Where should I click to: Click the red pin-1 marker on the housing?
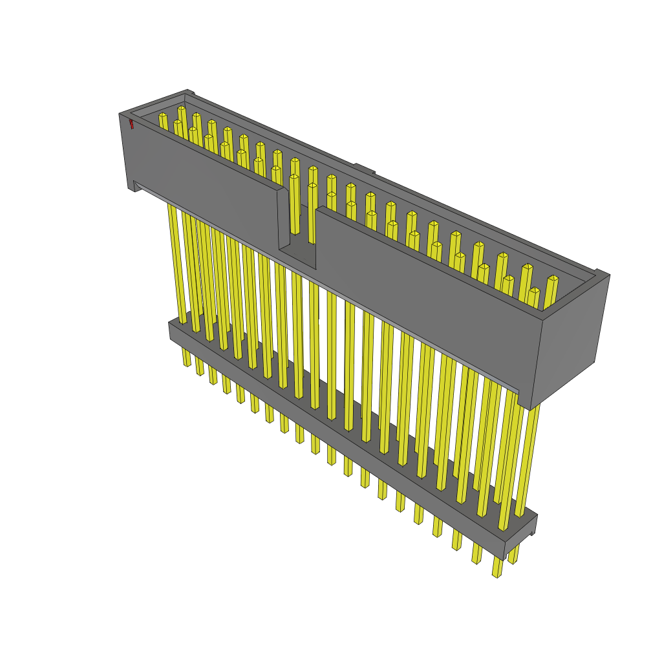(131, 123)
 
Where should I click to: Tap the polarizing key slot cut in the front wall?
(298, 226)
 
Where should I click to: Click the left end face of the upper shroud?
(127, 152)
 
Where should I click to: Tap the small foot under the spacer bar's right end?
(531, 532)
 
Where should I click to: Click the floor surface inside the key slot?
(298, 256)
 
